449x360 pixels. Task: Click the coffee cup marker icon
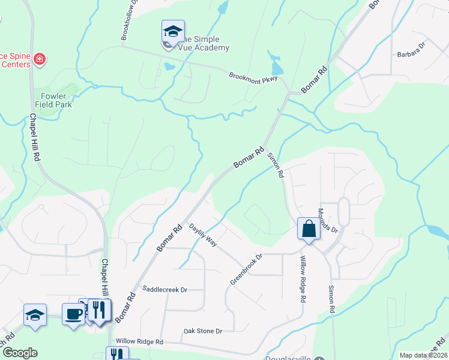click(73, 314)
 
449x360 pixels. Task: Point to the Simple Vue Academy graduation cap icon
click(173, 31)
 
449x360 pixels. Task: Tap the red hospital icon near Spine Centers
click(40, 59)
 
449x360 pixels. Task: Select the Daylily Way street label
click(203, 235)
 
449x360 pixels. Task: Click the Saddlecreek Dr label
click(164, 289)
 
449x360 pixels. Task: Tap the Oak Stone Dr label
click(202, 331)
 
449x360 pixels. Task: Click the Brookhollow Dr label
click(129, 20)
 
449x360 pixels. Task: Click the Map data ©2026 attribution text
click(424, 355)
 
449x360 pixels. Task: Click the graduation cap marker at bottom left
click(35, 315)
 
